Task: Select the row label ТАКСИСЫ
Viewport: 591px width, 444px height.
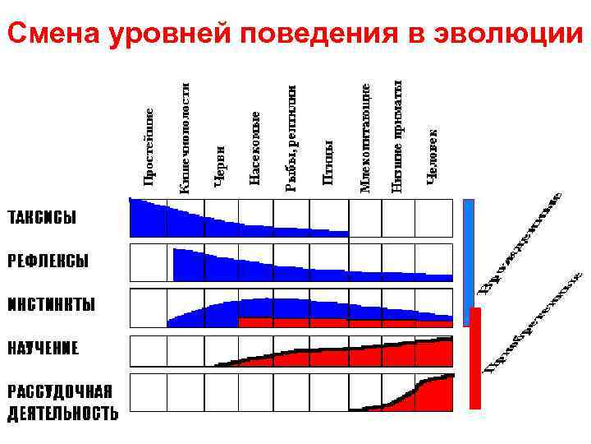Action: [x=42, y=218]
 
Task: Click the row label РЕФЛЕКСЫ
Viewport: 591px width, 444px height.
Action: [x=48, y=261]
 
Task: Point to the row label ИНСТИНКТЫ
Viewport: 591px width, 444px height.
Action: [x=51, y=304]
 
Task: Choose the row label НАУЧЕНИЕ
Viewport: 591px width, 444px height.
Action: [x=44, y=348]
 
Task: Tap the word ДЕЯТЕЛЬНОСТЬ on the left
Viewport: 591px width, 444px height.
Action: [x=63, y=413]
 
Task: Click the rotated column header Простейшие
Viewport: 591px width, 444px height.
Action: [x=149, y=146]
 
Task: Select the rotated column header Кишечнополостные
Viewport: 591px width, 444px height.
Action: [x=186, y=136]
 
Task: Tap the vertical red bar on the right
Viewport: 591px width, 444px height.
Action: [x=475, y=358]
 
